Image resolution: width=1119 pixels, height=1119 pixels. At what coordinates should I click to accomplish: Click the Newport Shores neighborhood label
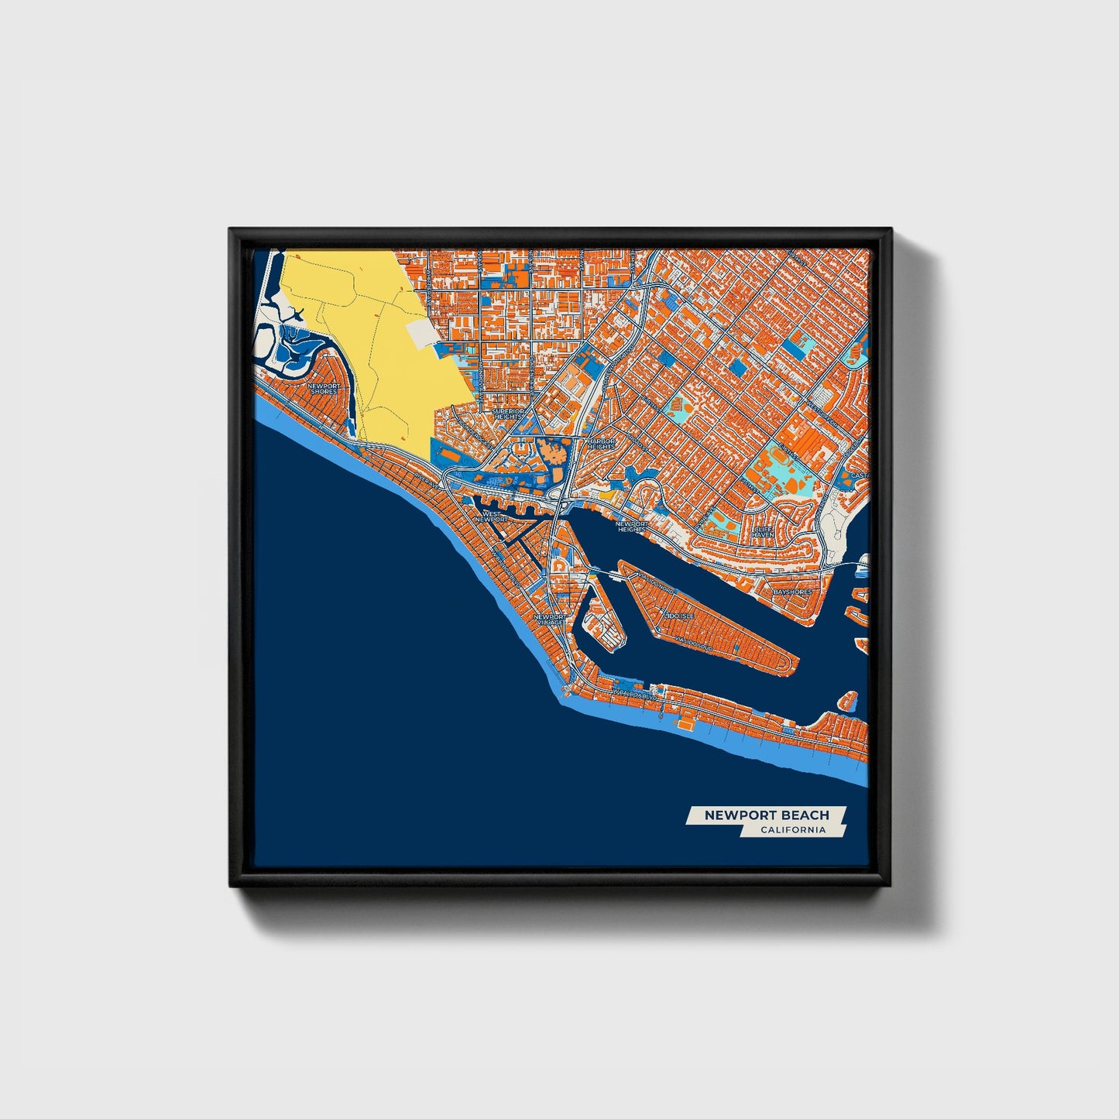[x=323, y=388]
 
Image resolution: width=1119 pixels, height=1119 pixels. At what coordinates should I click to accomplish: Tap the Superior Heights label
[x=508, y=414]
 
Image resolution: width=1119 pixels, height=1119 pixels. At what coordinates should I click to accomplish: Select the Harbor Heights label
[x=600, y=444]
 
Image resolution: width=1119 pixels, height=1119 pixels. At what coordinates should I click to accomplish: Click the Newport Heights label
[x=630, y=527]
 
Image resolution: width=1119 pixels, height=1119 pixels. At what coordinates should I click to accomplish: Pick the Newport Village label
[x=549, y=620]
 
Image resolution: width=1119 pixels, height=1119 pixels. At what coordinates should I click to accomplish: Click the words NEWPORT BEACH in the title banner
[x=766, y=815]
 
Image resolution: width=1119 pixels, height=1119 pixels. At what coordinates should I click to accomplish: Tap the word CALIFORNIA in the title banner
[x=792, y=830]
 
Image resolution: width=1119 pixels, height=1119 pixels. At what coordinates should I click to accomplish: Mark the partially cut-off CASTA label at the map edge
[x=860, y=475]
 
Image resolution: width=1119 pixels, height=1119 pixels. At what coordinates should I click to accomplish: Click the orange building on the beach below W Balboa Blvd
[x=685, y=723]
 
